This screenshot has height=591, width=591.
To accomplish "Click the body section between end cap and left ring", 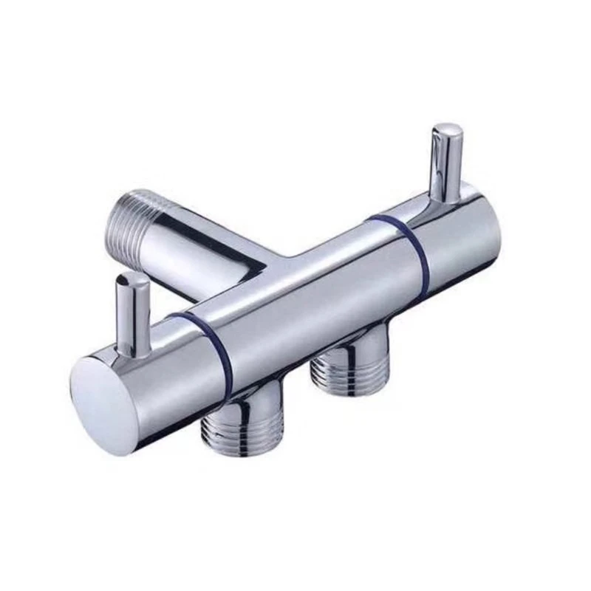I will pos(159,369).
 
